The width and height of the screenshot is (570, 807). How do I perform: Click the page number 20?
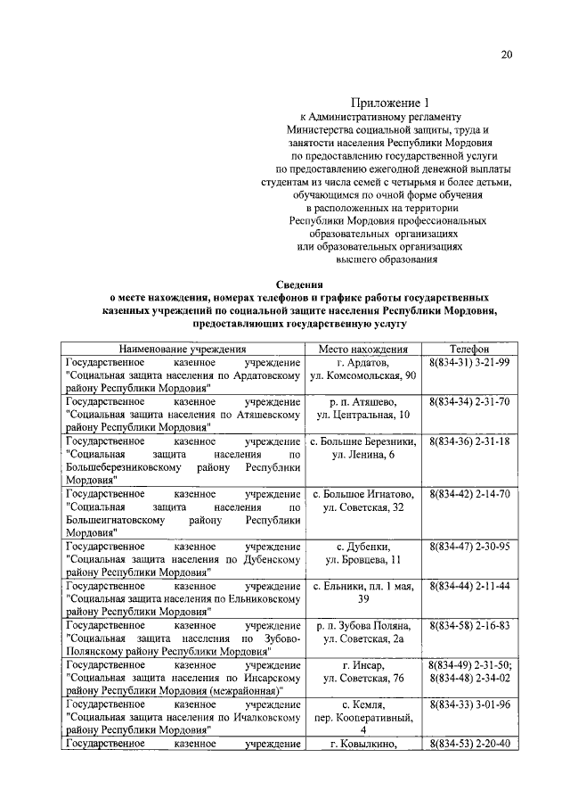[x=506, y=54]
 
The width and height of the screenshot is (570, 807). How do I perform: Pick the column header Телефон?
[x=468, y=350]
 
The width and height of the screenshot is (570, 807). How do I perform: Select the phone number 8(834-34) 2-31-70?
[x=468, y=402]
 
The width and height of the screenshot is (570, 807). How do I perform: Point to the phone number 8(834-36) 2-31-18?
[x=468, y=441]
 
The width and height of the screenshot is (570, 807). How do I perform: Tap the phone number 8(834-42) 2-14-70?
[x=468, y=493]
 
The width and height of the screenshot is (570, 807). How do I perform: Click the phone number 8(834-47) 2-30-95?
[x=468, y=545]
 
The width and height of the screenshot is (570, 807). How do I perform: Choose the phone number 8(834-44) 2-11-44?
[x=468, y=586]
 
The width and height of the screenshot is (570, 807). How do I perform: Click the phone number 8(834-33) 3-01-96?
[x=468, y=704]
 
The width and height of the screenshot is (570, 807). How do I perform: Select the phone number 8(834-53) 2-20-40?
[x=468, y=744]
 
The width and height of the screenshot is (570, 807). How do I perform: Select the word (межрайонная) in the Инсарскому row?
[x=241, y=690]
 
